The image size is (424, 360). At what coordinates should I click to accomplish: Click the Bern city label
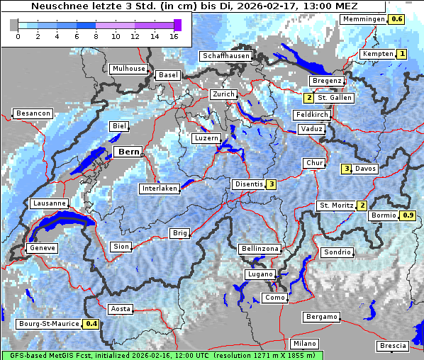pyautogui.click(x=128, y=152)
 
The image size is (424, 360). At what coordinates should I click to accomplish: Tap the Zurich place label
pyautogui.click(x=223, y=94)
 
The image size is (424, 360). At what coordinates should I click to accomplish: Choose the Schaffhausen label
pyautogui.click(x=225, y=56)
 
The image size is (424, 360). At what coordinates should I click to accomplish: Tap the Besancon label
pyautogui.click(x=33, y=113)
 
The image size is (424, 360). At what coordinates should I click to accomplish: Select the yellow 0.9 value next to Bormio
pyautogui.click(x=408, y=215)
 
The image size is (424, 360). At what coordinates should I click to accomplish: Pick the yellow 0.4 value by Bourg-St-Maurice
pyautogui.click(x=91, y=324)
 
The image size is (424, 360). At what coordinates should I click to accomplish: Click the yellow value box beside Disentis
pyautogui.click(x=271, y=184)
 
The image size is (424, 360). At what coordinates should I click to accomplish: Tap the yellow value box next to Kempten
pyautogui.click(x=402, y=54)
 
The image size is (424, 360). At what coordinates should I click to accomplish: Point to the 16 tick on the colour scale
pyautogui.click(x=174, y=37)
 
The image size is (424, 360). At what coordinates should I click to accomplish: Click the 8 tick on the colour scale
pyautogui.click(x=96, y=37)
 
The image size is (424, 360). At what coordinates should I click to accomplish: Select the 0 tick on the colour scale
pyautogui.click(x=18, y=37)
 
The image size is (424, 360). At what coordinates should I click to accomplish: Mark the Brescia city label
pyautogui.click(x=393, y=346)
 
